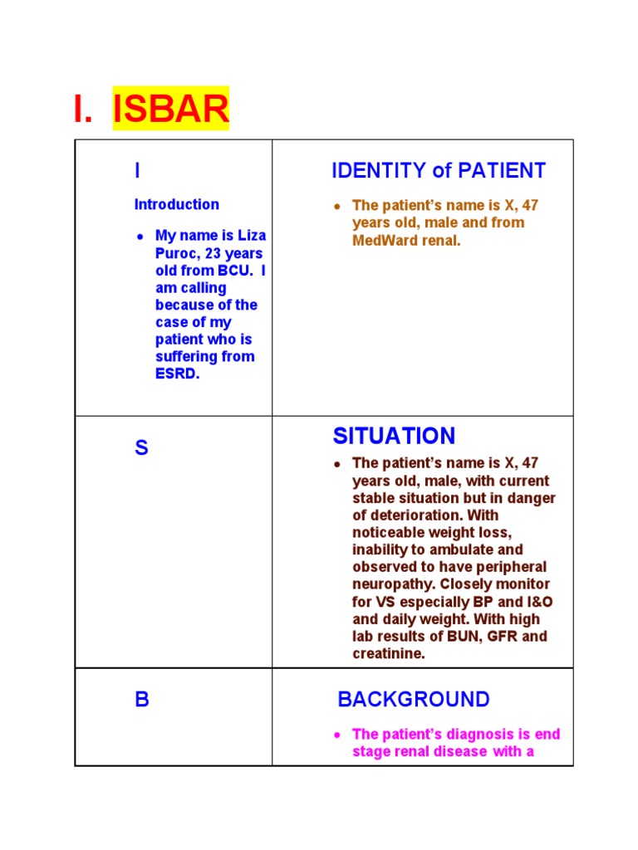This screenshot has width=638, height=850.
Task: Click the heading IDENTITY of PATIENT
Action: [438, 171]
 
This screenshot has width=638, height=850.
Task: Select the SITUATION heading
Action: [394, 436]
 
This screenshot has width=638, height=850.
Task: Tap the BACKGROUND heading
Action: [414, 700]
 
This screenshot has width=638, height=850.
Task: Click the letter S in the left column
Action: [141, 448]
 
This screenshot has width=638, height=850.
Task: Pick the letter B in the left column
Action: [142, 700]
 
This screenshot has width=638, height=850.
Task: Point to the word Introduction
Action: [177, 204]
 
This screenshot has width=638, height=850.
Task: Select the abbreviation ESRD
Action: [178, 374]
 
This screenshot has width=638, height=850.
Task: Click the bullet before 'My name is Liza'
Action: [140, 237]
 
